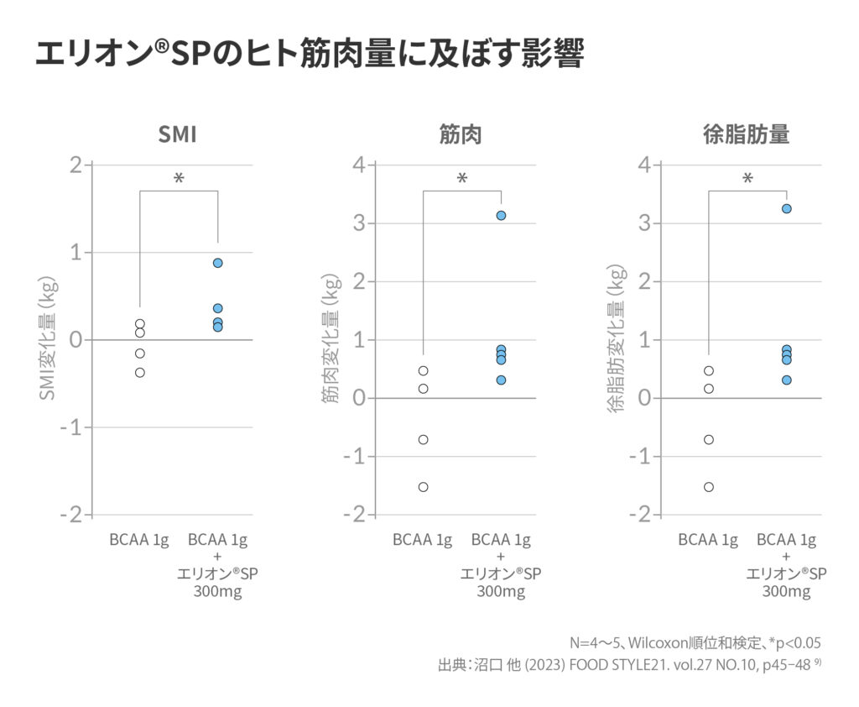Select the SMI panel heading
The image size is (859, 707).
point(178,134)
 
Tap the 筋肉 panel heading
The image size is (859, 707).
point(461,134)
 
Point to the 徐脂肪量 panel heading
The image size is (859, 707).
point(746,134)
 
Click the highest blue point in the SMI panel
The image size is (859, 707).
point(218,263)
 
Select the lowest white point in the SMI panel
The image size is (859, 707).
point(140,372)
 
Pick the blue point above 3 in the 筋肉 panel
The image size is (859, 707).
point(501,216)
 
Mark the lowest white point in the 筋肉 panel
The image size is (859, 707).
point(424,487)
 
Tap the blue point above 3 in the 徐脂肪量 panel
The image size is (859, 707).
point(787,209)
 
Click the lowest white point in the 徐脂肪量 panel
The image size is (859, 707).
point(709,487)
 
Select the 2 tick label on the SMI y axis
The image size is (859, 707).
point(76,165)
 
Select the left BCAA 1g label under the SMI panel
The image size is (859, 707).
point(139,539)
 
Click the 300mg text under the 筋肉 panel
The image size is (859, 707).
point(501,592)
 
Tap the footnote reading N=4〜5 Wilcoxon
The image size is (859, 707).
point(695,643)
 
